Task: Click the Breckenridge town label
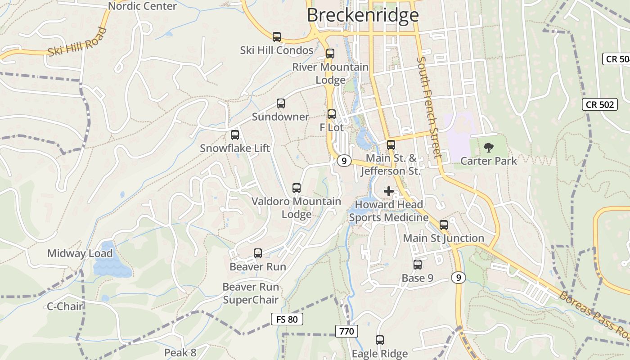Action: (363, 15)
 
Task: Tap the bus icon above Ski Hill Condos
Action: (277, 37)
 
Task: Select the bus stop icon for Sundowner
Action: (281, 103)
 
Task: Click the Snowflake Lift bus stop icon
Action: (235, 135)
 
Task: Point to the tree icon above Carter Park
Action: (488, 147)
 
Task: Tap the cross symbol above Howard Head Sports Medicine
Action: (389, 191)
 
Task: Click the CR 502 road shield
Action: (600, 104)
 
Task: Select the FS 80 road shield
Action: (287, 319)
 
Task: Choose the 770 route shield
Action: (346, 332)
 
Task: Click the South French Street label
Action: (428, 107)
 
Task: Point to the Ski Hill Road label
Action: (77, 42)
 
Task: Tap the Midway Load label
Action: (80, 253)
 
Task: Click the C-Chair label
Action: (65, 306)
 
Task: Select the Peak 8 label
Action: (180, 352)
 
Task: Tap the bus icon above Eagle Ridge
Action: (380, 340)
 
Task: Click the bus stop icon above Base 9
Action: (418, 265)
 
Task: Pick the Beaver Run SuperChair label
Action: (251, 293)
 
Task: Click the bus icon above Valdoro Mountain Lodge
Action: (296, 188)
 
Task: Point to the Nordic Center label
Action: (143, 6)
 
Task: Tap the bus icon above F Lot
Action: (332, 114)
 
